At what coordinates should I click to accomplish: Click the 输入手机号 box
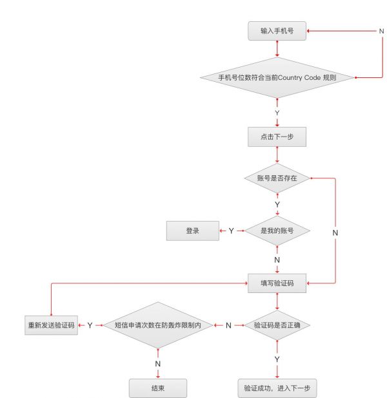click(x=277, y=30)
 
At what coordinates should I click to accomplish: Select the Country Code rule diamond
click(x=277, y=78)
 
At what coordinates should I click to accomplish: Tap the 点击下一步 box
click(x=277, y=137)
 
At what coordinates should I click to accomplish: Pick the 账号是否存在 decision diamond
click(x=277, y=177)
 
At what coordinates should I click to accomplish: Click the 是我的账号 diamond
click(x=277, y=231)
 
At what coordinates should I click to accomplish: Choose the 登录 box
click(x=192, y=231)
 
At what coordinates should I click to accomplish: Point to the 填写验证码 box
click(x=277, y=282)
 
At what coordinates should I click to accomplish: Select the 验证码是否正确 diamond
click(x=277, y=326)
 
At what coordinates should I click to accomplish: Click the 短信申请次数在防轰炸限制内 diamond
click(x=158, y=326)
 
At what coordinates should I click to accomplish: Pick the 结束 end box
click(x=158, y=388)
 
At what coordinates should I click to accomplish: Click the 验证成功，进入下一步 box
click(x=277, y=388)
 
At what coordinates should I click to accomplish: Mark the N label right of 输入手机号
click(x=381, y=30)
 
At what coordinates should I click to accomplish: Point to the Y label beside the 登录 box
click(x=231, y=231)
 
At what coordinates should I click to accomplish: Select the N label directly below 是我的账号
click(x=277, y=260)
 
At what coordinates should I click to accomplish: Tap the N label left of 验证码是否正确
click(x=228, y=326)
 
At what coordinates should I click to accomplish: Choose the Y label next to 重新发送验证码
click(x=90, y=326)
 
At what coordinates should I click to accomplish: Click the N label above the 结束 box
click(x=158, y=363)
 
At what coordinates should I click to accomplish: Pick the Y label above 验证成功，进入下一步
click(x=277, y=359)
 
